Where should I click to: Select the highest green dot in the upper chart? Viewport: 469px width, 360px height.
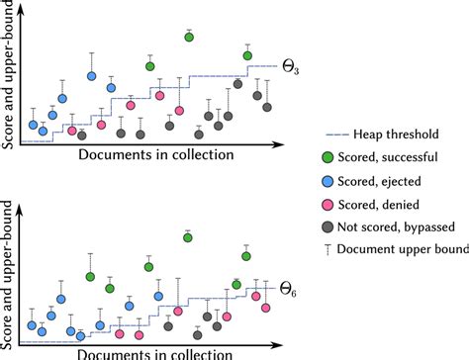[189, 37]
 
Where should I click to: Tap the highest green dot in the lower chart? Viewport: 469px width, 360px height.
[187, 237]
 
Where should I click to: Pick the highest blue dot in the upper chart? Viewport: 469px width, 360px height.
[91, 75]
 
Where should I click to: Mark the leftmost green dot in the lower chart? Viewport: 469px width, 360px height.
[90, 277]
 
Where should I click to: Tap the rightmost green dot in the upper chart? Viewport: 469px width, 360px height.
[247, 55]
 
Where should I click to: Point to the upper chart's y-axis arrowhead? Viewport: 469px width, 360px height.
[20, 5]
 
